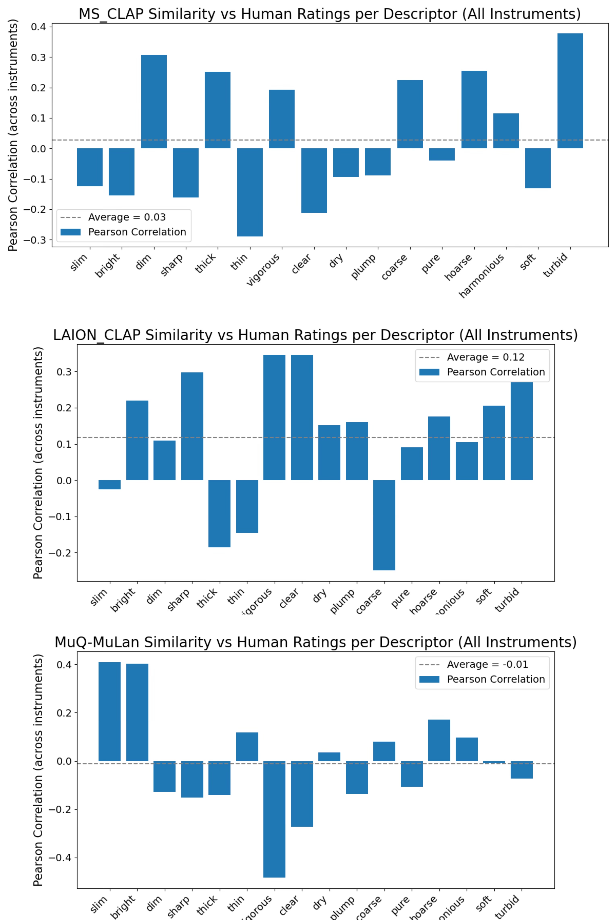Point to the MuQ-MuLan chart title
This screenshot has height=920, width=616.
pyautogui.click(x=315, y=642)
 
